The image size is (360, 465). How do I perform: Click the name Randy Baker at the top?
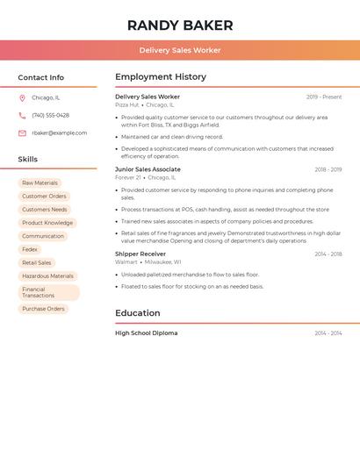click(x=180, y=25)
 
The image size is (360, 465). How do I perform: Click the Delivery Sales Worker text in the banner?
click(x=180, y=51)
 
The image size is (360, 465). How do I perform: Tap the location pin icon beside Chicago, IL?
click(x=22, y=98)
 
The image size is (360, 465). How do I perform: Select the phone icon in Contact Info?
click(x=22, y=116)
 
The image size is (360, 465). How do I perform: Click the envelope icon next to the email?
click(x=22, y=133)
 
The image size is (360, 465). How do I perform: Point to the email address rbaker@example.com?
click(x=60, y=133)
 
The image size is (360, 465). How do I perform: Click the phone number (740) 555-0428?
click(x=50, y=116)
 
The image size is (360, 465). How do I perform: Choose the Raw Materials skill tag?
click(x=40, y=183)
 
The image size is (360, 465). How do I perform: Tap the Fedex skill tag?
click(x=30, y=249)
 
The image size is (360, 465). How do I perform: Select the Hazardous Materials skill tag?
click(x=47, y=275)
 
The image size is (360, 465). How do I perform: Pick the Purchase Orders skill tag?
click(x=43, y=309)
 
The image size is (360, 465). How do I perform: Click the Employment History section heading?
click(x=161, y=77)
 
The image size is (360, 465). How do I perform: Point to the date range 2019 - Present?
click(x=324, y=97)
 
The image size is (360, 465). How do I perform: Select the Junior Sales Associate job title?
click(x=148, y=169)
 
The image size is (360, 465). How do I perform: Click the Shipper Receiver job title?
click(x=140, y=254)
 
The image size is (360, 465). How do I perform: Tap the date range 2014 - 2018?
click(x=328, y=254)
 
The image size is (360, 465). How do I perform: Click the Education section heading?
click(x=138, y=313)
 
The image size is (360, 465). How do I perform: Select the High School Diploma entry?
click(x=146, y=333)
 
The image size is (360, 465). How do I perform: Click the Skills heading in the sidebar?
click(x=28, y=160)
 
